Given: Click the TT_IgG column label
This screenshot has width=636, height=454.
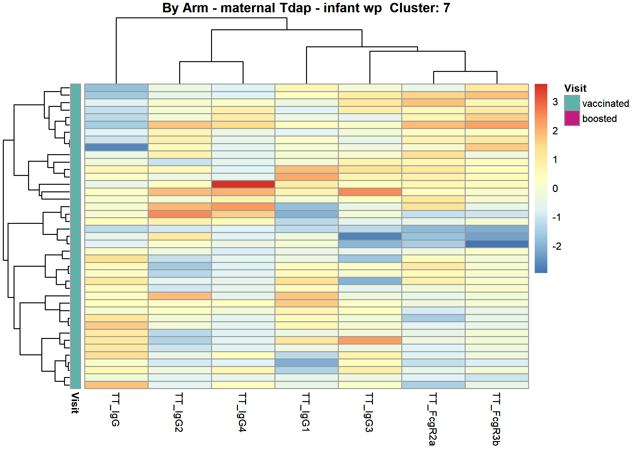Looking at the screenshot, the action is click(116, 410).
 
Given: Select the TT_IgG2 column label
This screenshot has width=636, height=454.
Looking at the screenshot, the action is click(179, 412).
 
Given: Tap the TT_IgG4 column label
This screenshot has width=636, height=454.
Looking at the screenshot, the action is click(243, 412).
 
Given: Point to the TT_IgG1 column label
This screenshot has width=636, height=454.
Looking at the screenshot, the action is click(306, 412).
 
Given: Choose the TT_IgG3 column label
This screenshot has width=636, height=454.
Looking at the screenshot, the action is click(369, 412).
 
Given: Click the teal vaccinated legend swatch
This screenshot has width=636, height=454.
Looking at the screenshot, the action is click(572, 103).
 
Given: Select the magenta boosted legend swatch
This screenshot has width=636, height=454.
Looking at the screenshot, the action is click(572, 118).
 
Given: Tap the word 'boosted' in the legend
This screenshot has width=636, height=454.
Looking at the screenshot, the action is click(599, 119).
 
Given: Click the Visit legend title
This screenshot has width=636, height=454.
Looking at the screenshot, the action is click(575, 88).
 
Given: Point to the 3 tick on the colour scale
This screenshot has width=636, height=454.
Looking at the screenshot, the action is click(555, 102).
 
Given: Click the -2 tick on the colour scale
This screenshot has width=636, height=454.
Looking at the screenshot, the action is click(556, 246).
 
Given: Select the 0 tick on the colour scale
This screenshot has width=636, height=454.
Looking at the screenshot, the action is click(555, 189).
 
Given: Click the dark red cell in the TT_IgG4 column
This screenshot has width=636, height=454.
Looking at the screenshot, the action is click(243, 184).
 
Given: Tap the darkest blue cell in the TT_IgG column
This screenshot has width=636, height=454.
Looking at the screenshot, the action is click(116, 147).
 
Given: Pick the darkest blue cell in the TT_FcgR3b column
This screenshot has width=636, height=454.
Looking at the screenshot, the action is click(497, 244).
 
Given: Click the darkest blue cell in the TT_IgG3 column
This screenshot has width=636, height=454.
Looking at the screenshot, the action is click(370, 236).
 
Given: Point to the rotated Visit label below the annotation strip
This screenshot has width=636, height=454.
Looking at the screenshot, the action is click(75, 403).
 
